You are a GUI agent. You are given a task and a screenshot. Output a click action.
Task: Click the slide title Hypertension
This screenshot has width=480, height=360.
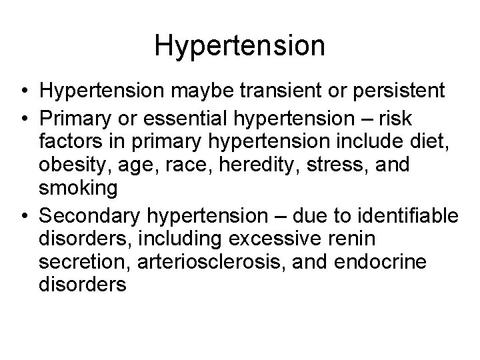click(239, 46)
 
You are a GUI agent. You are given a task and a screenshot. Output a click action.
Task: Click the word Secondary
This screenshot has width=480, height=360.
click(85, 216)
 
